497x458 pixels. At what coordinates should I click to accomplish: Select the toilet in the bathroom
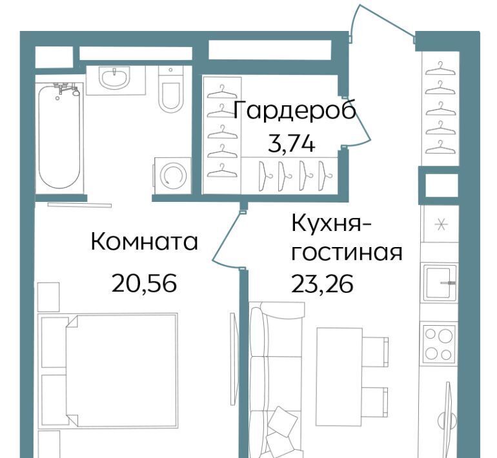tap(171, 89)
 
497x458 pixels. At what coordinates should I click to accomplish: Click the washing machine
tap(173, 175)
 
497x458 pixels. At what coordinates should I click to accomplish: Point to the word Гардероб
tap(294, 110)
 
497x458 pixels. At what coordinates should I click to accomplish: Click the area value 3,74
tap(292, 144)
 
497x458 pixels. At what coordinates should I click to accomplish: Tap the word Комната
tap(144, 242)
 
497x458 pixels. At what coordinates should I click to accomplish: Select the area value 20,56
tap(144, 283)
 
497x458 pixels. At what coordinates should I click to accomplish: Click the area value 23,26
tap(322, 283)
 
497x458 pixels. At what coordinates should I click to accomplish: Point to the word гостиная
tap(347, 253)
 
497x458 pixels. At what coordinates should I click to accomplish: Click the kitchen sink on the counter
tap(440, 282)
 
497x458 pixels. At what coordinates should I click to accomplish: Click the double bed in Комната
tap(108, 370)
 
